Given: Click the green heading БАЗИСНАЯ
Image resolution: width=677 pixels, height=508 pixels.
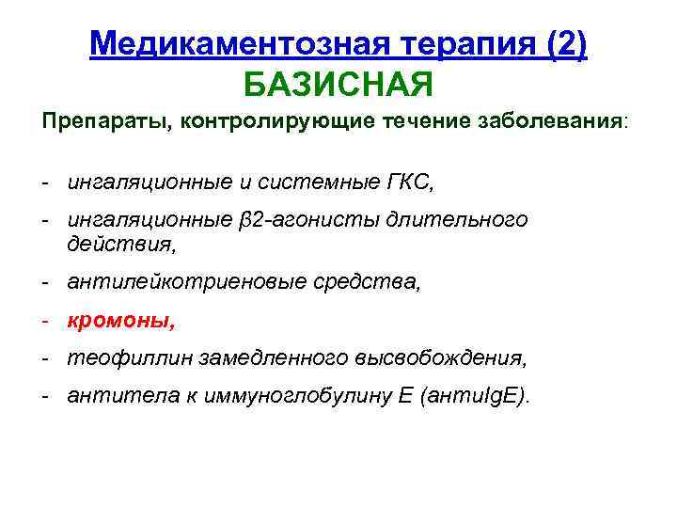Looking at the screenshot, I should (x=338, y=86).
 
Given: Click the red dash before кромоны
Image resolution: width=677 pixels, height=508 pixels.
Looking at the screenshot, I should (x=45, y=321).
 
